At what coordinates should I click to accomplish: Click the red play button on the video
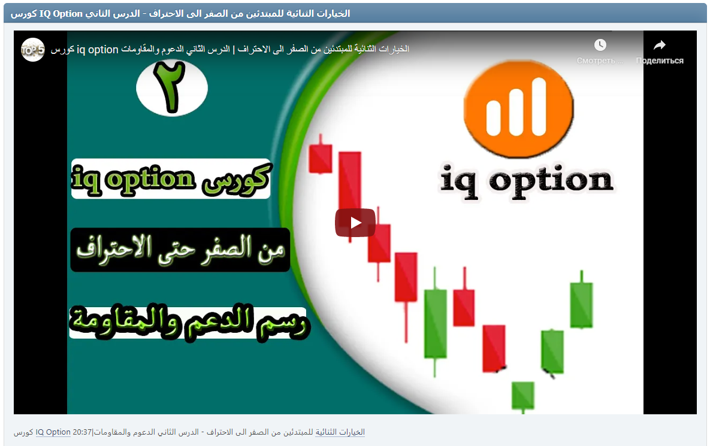[355, 223]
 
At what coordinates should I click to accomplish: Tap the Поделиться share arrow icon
[659, 45]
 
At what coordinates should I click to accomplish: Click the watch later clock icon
[600, 45]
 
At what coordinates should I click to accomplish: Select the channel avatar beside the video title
[32, 50]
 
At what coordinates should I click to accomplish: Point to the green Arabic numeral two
[171, 87]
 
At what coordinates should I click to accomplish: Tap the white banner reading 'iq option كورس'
[171, 178]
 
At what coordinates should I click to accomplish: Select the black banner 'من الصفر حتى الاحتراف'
[180, 250]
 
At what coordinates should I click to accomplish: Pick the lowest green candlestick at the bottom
[522, 395]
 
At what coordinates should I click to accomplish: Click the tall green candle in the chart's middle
[436, 323]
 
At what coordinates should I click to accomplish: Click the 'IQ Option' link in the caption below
[53, 432]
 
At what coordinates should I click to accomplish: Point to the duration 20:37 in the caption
[81, 432]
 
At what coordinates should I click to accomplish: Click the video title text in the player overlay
[230, 50]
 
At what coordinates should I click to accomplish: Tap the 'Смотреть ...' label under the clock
[600, 60]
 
